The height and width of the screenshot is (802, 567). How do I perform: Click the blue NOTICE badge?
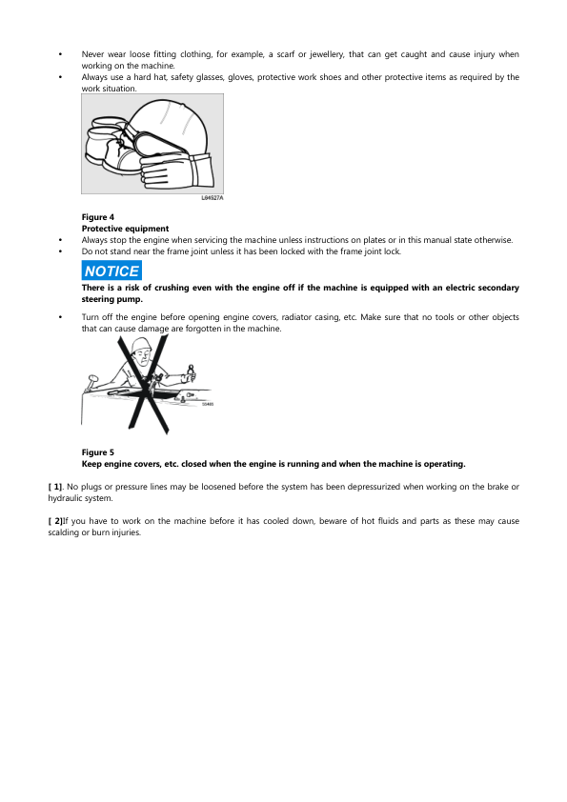(111, 271)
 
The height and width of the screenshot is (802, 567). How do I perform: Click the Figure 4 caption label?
(98, 217)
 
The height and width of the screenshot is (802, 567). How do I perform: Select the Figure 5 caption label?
(98, 452)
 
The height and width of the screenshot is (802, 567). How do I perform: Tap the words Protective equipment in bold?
(126, 229)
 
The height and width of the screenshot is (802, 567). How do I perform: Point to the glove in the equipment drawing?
(176, 171)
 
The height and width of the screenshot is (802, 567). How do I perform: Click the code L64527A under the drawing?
(213, 198)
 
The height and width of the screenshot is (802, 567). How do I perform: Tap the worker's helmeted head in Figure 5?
(142, 351)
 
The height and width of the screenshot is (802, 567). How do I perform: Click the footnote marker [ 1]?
(54, 487)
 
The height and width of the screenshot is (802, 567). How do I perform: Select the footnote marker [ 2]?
(54, 521)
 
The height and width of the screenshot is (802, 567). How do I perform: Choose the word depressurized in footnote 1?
(373, 487)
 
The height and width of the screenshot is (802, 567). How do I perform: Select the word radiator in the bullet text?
(295, 317)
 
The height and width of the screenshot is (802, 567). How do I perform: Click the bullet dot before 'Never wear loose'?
(60, 54)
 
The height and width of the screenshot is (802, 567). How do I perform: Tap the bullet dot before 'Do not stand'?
(60, 251)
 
